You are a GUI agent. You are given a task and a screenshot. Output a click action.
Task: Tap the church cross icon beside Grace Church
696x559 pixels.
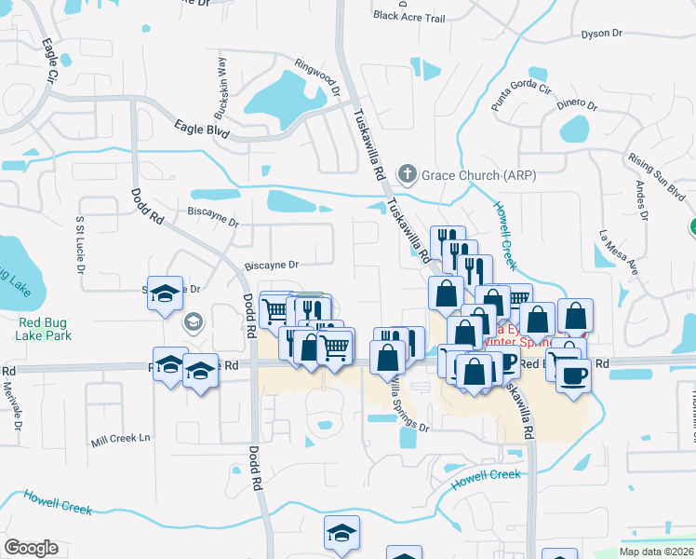tap(407, 173)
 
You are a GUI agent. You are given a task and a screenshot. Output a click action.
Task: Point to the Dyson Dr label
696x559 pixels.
tap(601, 34)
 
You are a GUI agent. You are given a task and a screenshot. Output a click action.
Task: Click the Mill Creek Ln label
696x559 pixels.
tap(120, 438)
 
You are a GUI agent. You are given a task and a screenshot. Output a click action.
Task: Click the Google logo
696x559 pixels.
tap(31, 547)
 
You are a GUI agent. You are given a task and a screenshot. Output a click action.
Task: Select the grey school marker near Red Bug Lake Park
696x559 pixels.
tap(194, 323)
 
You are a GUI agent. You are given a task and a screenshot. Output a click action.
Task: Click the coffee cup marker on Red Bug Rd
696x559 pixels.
tap(574, 375)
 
